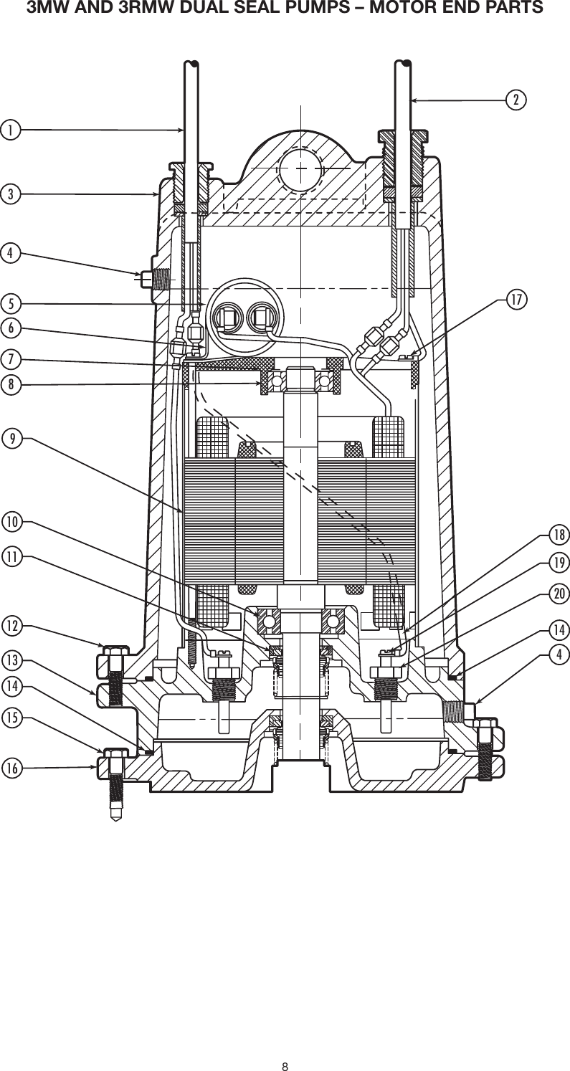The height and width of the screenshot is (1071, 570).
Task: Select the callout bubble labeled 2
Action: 515,100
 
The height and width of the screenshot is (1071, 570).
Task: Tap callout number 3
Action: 10,194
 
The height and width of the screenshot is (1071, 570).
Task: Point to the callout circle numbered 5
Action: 10,301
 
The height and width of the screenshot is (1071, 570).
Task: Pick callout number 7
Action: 10,357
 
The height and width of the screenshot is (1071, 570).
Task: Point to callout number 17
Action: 515,297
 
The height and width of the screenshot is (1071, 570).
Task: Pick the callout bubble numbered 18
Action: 559,535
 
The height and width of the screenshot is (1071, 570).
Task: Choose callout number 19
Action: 559,563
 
